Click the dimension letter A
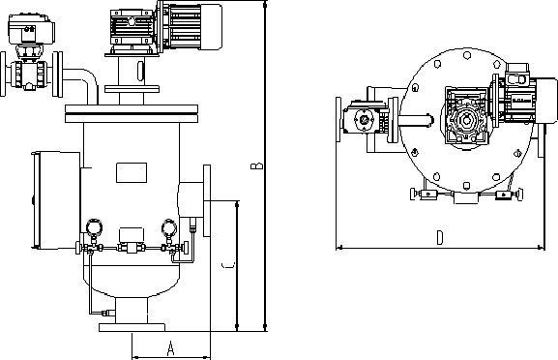pos(169,345)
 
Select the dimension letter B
pos(255,166)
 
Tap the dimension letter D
pos(439,236)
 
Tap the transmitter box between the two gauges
pos(131,236)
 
